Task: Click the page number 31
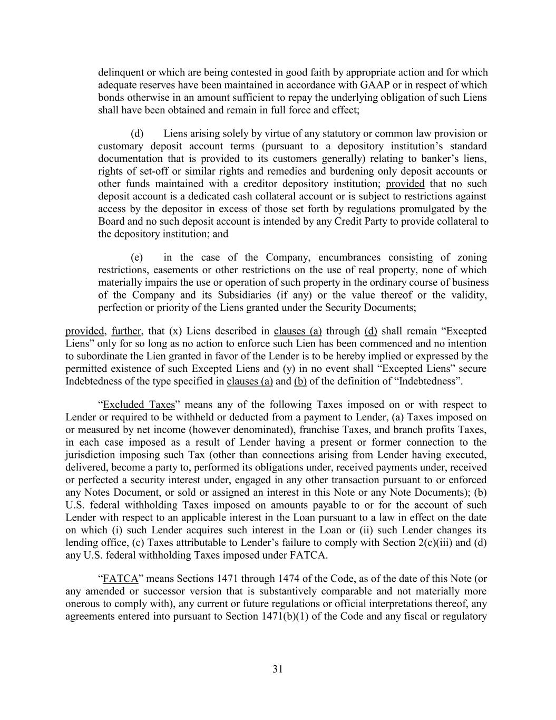[x=278, y=669]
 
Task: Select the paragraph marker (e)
[x=137, y=258]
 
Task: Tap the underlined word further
[x=126, y=331]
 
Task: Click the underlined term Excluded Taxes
[x=139, y=405]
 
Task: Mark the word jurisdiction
[x=91, y=455]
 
